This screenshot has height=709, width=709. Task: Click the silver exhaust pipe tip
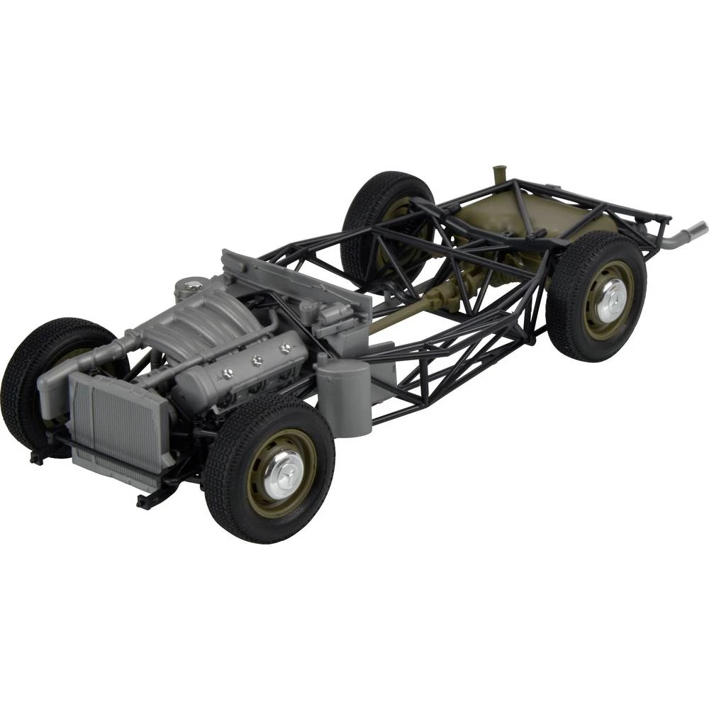coord(696,229)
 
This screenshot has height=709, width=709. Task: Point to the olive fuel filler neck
coord(498,177)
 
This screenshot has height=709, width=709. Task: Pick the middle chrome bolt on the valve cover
coord(257,360)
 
